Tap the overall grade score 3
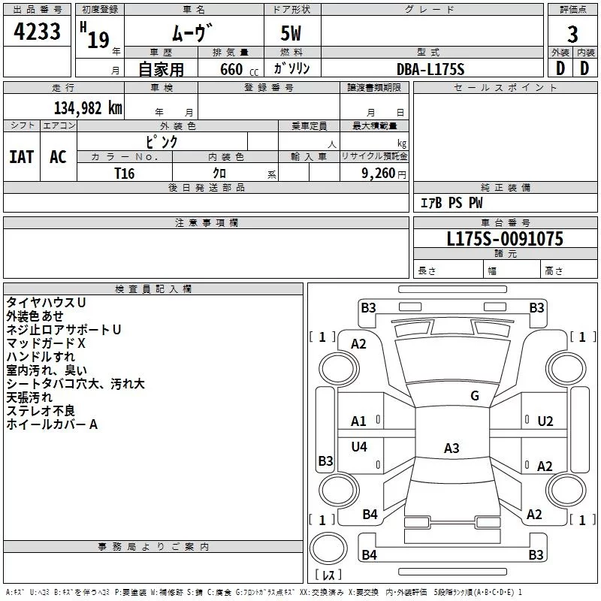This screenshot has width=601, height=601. coord(572,34)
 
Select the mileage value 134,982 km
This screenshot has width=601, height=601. coord(88,107)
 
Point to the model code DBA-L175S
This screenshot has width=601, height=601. coord(430,69)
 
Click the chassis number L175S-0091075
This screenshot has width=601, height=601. coord(505,240)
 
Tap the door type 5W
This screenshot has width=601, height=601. coord(291,35)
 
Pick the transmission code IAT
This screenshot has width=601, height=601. coord(21,157)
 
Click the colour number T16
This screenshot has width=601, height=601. coord(125,173)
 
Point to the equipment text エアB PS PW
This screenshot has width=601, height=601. coord(451,203)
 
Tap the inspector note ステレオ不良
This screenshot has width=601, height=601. coord(41,411)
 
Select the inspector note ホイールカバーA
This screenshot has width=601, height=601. coord(53,424)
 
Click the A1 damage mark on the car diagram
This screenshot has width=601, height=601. coord(359,421)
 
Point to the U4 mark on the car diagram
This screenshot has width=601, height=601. coord(359,447)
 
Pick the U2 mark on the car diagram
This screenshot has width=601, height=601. coord(545,421)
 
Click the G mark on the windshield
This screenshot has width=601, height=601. coord(474,396)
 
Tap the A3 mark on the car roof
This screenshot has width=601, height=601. coord(451,448)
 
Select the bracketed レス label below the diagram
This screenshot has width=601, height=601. coord(328,575)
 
